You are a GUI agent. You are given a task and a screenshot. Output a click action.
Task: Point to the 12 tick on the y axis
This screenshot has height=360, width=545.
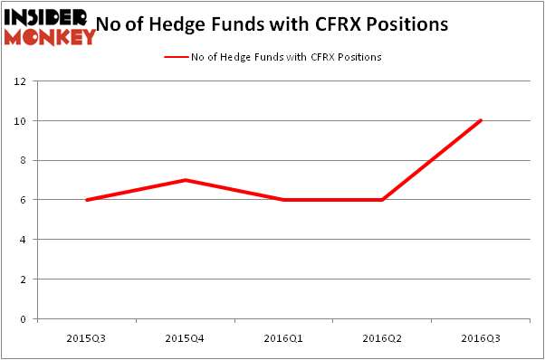(x=21, y=81)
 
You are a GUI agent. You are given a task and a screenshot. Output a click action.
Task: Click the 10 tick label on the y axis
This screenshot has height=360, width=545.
(x=21, y=121)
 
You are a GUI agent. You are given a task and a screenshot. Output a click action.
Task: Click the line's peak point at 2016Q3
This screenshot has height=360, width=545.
(x=481, y=120)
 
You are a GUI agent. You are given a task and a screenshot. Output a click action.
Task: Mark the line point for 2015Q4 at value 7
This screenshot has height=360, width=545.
(x=185, y=180)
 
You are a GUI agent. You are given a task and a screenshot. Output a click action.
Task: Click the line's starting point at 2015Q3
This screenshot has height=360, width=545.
(x=86, y=200)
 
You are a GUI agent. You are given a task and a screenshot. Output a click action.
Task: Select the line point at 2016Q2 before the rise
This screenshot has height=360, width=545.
(x=382, y=200)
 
